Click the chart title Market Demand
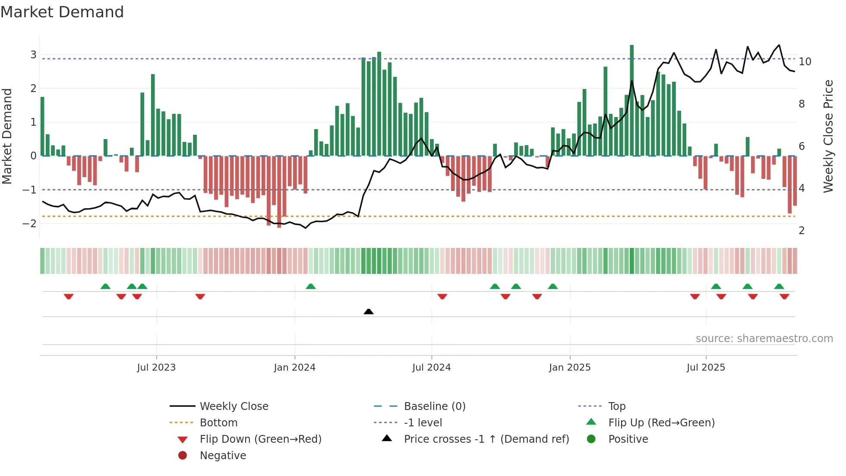62,12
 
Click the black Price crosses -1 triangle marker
369,311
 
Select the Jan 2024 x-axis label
294,368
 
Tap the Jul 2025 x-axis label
706,368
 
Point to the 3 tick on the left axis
33,55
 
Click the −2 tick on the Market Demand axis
30,224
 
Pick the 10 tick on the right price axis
805,62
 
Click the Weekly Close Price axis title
828,136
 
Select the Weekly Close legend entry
234,406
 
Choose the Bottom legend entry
218,423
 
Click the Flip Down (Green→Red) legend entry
260,439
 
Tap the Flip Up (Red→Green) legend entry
661,423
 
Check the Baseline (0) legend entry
434,406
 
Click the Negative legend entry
223,456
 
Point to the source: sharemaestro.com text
764,339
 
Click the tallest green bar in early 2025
631,99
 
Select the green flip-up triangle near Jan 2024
311,286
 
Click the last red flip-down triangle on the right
784,297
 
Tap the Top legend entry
616,406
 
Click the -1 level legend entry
423,423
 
